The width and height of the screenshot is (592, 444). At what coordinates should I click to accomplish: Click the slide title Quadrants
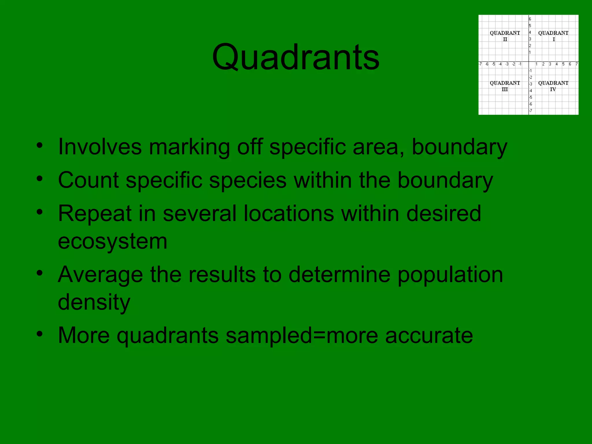[x=295, y=57]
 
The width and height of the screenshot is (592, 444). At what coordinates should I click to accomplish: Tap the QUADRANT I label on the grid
[x=553, y=36]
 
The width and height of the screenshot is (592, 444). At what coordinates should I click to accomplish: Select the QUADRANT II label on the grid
[x=505, y=36]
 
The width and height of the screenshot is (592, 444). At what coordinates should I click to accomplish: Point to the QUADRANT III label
[x=505, y=86]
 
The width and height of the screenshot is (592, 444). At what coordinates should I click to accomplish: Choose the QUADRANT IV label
[x=553, y=86]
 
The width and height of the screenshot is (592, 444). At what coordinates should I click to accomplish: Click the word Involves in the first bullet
[x=100, y=147]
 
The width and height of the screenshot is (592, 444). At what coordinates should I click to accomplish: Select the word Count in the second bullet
[x=88, y=180]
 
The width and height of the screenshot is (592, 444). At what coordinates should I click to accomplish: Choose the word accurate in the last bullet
[x=429, y=336]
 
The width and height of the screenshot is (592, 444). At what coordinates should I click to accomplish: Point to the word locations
[x=289, y=213]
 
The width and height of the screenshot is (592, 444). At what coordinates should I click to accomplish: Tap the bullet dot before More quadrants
[x=40, y=334]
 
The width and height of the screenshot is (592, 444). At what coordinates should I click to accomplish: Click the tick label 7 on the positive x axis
[x=576, y=64]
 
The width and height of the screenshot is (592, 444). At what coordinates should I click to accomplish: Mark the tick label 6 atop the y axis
[x=530, y=19]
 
